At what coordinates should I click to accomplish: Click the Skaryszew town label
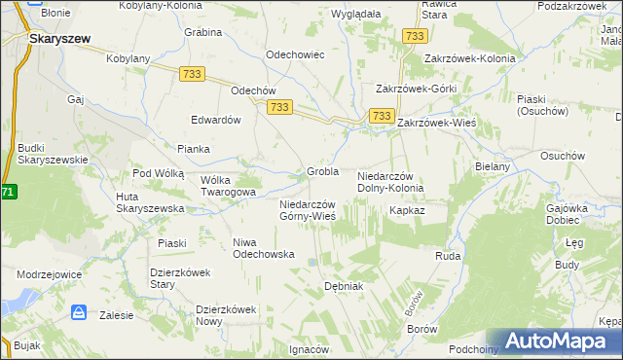pos(59,38)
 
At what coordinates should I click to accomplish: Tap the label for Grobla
pos(322,171)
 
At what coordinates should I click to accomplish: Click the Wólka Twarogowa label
pos(228,186)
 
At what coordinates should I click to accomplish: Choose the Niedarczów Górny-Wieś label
pos(308,210)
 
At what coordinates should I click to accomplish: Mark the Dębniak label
pos(343,286)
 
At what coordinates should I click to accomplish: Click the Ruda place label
pos(448,256)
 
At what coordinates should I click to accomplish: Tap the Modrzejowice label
pos(49,274)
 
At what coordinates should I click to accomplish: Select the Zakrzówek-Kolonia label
pos(461,57)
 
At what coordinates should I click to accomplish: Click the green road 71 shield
pos(8,192)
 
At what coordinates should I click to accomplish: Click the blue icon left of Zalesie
pos(80,313)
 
